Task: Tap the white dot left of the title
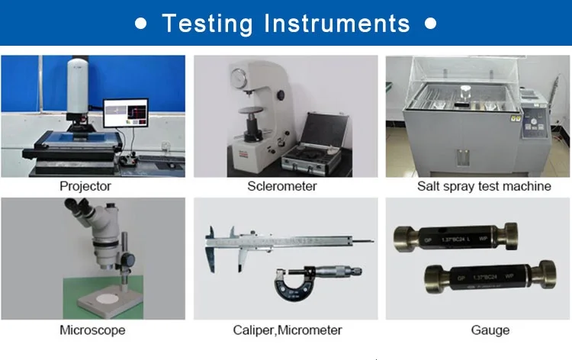coord(141,24)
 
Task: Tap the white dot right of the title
coord(431,24)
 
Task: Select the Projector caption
coord(85,186)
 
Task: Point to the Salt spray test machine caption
coord(484,186)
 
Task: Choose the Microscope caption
coord(92,330)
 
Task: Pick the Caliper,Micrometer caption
coord(287,330)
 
